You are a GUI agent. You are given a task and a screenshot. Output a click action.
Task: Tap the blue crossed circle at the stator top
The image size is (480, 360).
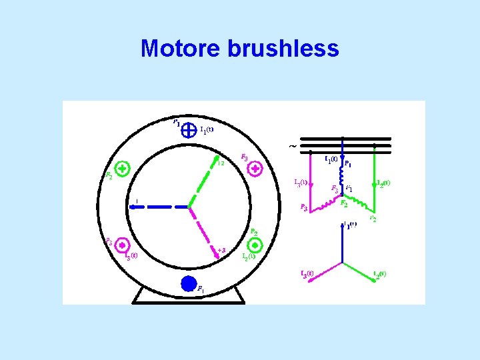click(189, 127)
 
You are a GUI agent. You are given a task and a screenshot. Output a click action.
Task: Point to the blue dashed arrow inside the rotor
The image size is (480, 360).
click(160, 207)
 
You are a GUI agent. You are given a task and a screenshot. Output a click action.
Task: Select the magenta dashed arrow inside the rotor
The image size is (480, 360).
click(203, 230)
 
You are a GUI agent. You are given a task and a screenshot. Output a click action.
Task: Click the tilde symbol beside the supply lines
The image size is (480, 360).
click(293, 146)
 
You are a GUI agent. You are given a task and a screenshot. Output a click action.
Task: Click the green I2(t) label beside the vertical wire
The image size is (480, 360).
click(383, 183)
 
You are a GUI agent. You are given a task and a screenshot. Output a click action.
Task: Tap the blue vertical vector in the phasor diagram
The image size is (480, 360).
click(342, 243)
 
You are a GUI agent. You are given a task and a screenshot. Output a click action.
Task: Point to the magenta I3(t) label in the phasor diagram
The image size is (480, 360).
click(307, 274)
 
